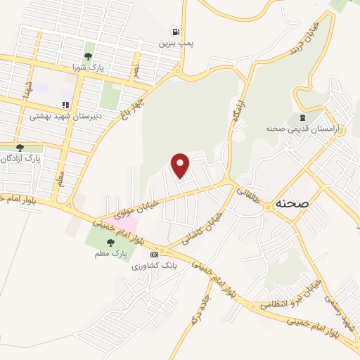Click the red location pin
[181, 165]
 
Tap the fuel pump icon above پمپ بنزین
[174, 32]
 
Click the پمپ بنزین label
[174, 43]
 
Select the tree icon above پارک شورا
[89, 56]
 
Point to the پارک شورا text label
[88, 67]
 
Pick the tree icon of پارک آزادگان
[20, 148]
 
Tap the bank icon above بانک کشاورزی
[155, 254]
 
